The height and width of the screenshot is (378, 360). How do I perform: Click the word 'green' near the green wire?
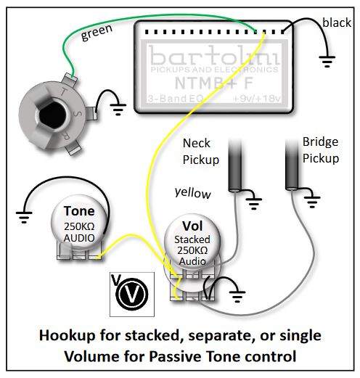[x=97, y=33]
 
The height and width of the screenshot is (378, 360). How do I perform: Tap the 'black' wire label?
[x=337, y=22]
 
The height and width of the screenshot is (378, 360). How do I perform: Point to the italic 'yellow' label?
[x=192, y=193]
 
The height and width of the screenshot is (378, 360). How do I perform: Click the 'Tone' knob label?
[x=79, y=211]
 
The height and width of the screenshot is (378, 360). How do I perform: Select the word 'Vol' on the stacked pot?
[x=192, y=226]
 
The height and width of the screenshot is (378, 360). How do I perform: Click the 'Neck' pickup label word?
[x=197, y=143]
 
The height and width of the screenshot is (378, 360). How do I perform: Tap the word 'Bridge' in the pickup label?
[x=320, y=142]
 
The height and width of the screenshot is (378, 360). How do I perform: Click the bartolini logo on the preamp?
[x=214, y=56]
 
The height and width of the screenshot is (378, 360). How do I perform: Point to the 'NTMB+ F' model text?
[x=214, y=83]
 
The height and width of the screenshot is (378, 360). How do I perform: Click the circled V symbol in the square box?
[x=132, y=294]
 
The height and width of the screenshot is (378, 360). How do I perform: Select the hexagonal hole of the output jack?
[x=52, y=116]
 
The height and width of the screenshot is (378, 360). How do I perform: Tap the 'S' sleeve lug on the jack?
[x=91, y=114]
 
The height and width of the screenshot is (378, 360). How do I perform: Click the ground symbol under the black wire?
[x=327, y=62]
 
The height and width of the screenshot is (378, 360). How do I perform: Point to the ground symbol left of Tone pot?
[x=24, y=218]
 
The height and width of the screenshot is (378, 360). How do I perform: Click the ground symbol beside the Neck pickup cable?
[x=254, y=204]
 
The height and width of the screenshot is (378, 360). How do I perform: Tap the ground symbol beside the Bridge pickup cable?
[x=312, y=202]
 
